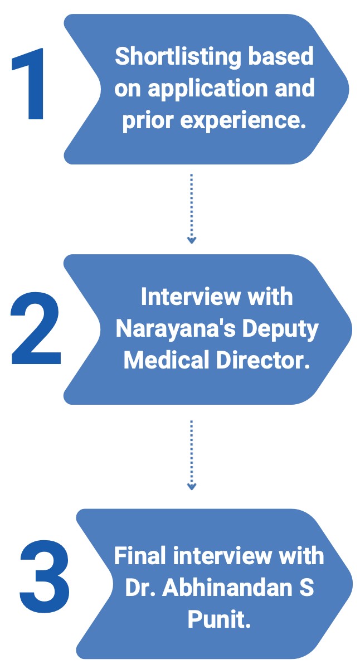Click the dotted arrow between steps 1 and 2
[192, 209]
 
